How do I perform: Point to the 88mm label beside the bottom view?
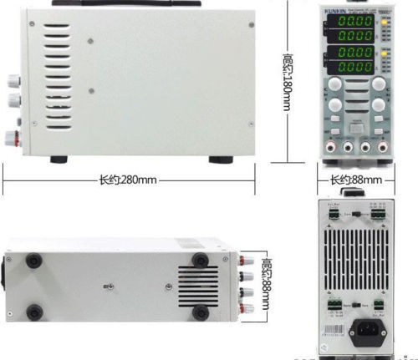click(266, 276)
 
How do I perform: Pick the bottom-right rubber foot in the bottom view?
click(200, 312)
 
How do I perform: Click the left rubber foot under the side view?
click(59, 159)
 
